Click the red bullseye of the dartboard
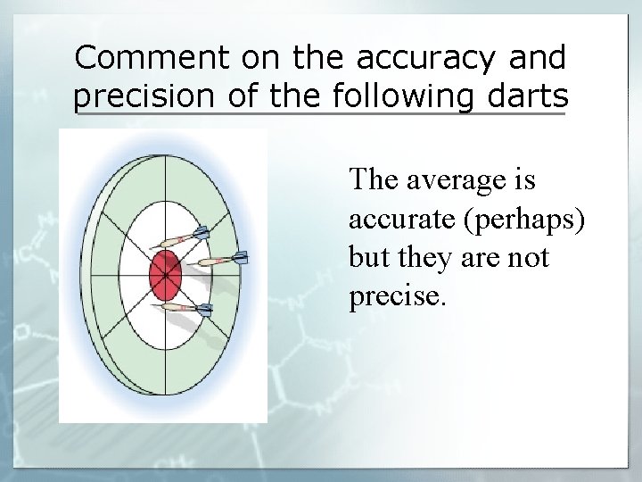tap(165, 275)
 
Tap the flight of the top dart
tap(201, 233)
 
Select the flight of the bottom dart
tap(204, 310)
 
